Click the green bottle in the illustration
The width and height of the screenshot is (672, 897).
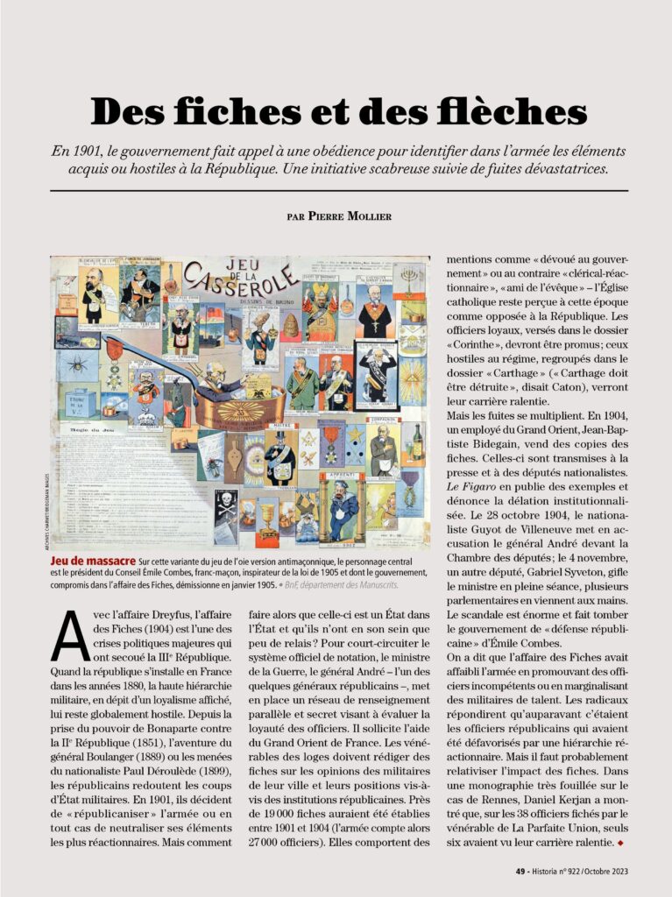point(417,441)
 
